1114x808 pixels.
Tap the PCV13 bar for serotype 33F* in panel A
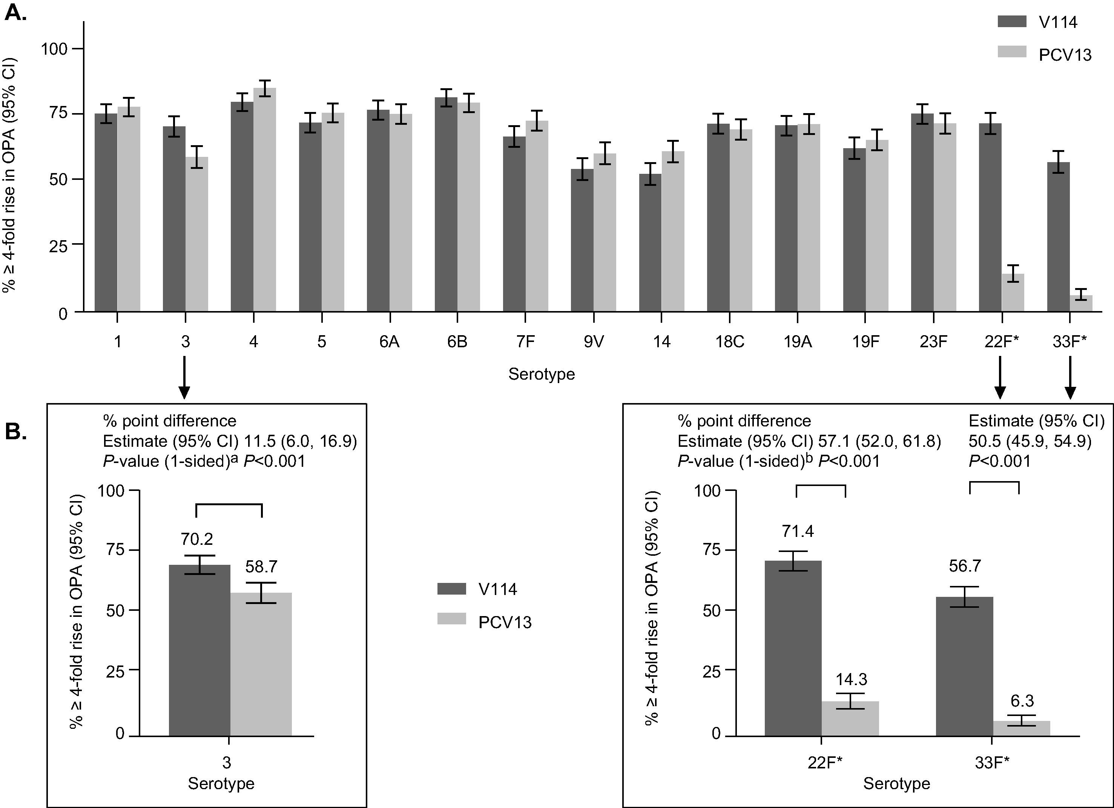(x=1081, y=304)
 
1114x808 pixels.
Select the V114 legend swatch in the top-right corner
(x=1012, y=21)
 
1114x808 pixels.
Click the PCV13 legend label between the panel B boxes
(x=505, y=622)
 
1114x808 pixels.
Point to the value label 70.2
(x=196, y=539)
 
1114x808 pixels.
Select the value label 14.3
(x=851, y=679)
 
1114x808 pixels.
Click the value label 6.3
(x=1022, y=701)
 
